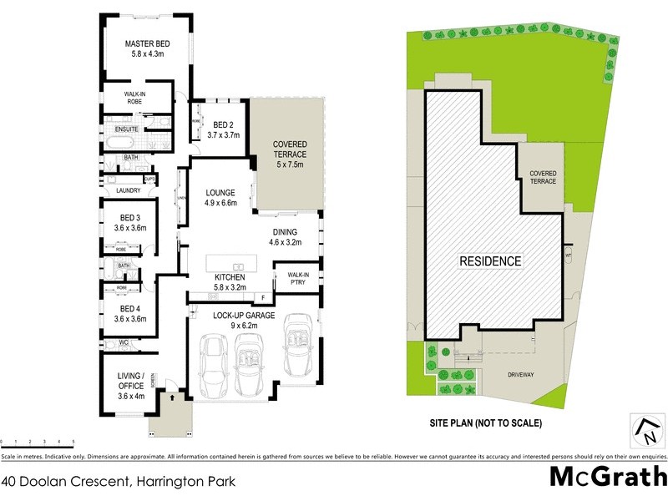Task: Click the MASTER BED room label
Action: coord(147,43)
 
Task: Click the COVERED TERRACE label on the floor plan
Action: coord(290,149)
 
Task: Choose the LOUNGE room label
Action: coord(221,191)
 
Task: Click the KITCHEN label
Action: coord(229,276)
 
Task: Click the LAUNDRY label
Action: coord(129,190)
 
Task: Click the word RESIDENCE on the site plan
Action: coord(491,261)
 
